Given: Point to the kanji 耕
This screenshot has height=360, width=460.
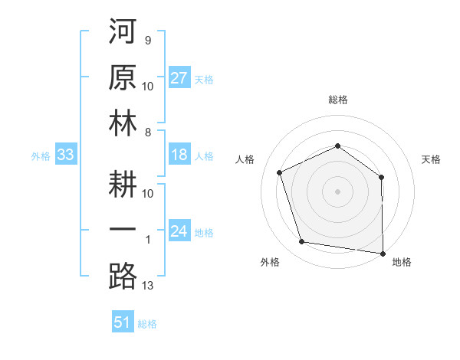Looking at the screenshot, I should pyautogui.click(x=123, y=183).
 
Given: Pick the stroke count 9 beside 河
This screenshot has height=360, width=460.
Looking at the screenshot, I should pyautogui.click(x=148, y=40).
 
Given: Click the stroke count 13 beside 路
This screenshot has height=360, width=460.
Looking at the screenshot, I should pyautogui.click(x=148, y=286).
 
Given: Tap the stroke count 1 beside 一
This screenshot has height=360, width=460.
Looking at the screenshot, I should pyautogui.click(x=148, y=241).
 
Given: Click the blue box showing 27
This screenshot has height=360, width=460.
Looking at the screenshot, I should pyautogui.click(x=179, y=77).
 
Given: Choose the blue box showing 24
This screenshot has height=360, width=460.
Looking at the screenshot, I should pyautogui.click(x=179, y=231).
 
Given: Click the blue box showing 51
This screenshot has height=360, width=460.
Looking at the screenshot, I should pyautogui.click(x=123, y=322).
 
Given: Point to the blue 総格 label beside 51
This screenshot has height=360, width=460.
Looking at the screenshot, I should pyautogui.click(x=147, y=324).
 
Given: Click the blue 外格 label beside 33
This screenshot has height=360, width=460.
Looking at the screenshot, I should pyautogui.click(x=41, y=156).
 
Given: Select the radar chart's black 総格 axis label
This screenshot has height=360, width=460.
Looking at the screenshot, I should pyautogui.click(x=337, y=100).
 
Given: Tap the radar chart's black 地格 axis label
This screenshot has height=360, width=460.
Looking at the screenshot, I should pyautogui.click(x=402, y=262).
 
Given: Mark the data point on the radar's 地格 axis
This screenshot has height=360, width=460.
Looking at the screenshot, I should pyautogui.click(x=382, y=252).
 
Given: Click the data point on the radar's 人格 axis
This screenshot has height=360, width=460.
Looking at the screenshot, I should pyautogui.click(x=280, y=172).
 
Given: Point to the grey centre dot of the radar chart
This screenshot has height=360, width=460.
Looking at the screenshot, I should pyautogui.click(x=337, y=191).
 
